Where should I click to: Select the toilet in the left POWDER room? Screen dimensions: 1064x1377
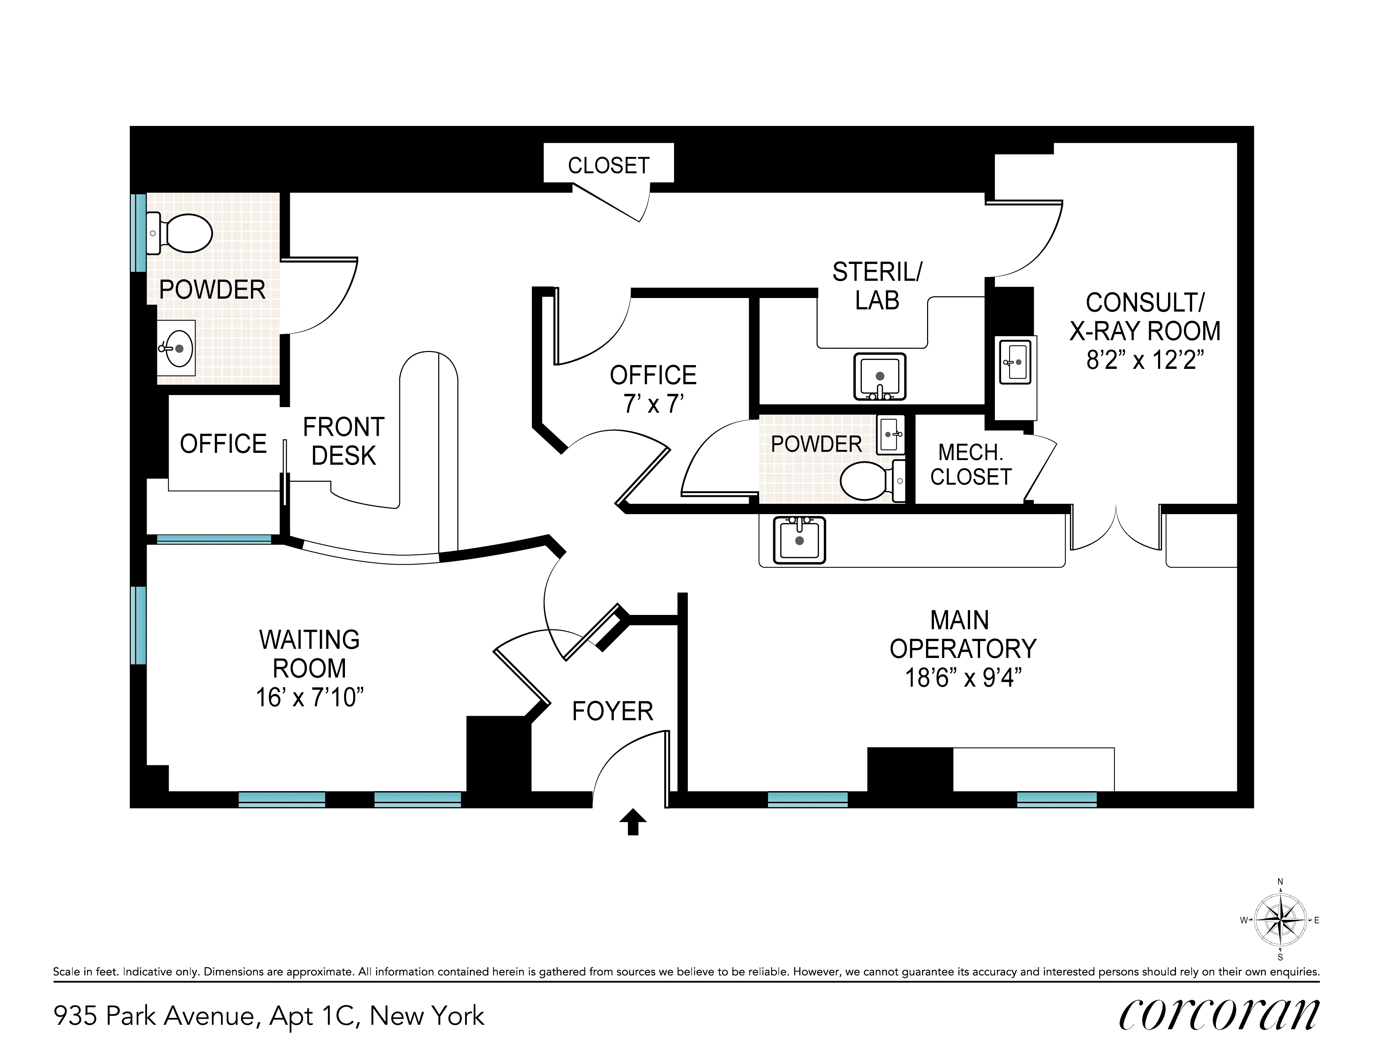click(x=183, y=233)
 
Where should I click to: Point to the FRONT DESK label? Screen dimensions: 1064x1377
click(x=344, y=441)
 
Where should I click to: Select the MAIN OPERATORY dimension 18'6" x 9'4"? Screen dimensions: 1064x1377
click(x=963, y=678)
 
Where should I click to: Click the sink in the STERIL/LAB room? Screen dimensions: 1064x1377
click(x=880, y=377)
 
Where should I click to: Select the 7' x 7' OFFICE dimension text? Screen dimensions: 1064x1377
click(x=653, y=403)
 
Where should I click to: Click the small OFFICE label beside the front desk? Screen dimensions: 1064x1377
click(x=223, y=444)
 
